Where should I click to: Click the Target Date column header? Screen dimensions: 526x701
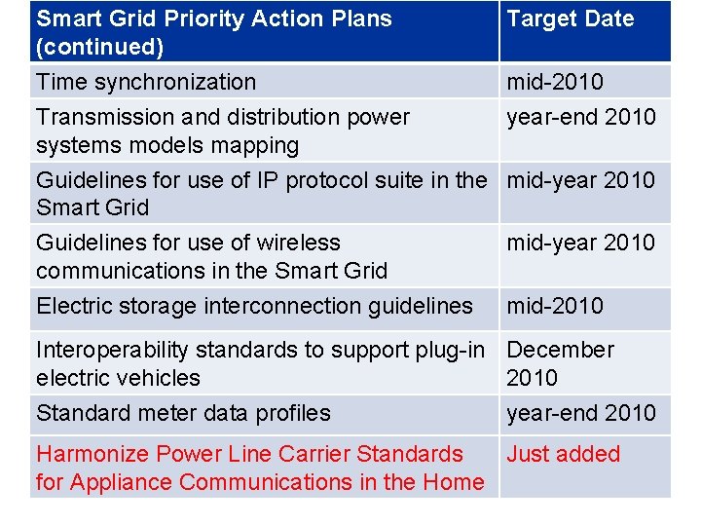[570, 19]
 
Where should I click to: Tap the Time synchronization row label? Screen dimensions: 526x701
[146, 82]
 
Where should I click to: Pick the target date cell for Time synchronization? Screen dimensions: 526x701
[554, 82]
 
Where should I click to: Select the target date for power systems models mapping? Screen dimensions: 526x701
[580, 117]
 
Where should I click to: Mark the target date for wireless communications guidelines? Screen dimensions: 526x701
[580, 243]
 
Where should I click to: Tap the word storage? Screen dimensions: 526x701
[150, 306]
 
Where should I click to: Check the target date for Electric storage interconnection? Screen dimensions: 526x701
[554, 306]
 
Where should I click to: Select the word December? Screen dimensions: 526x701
[560, 350]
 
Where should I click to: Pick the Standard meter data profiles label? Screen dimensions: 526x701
[183, 413]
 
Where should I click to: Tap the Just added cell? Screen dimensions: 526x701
[563, 454]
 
